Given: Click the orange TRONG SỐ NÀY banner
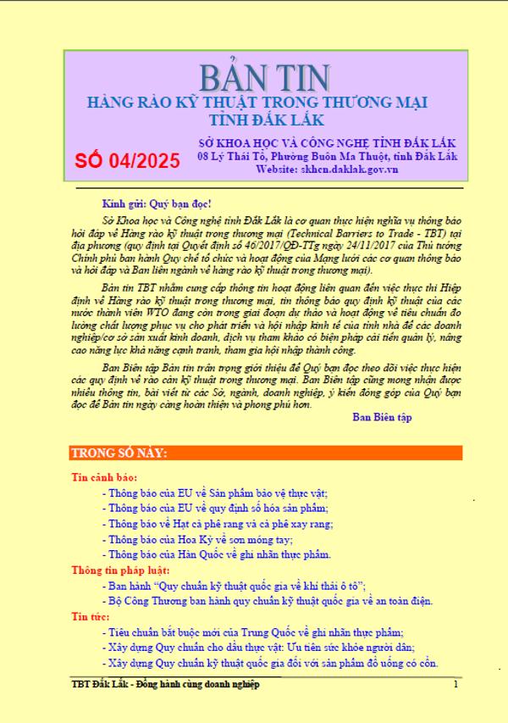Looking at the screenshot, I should [265, 453].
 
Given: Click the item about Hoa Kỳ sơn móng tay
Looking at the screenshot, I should [212, 539].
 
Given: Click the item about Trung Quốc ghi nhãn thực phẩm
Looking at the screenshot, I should [262, 631].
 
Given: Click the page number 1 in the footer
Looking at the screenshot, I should [456, 683].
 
